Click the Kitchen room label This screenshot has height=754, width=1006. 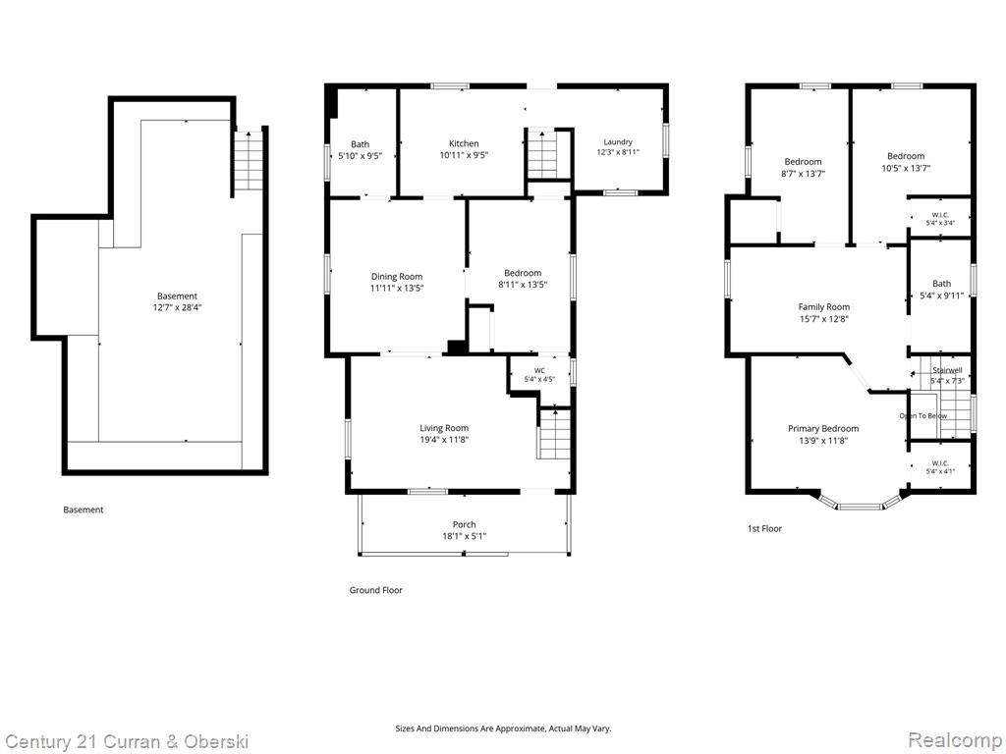pyautogui.click(x=464, y=143)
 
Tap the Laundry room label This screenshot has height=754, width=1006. pyautogui.click(x=618, y=141)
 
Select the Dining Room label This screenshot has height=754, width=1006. pyautogui.click(x=397, y=276)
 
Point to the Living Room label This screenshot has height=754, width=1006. pyautogui.click(x=444, y=428)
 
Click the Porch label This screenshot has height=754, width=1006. pyautogui.click(x=464, y=524)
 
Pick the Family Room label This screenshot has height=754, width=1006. pyautogui.click(x=824, y=307)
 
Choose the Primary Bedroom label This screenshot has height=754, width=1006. pyautogui.click(x=823, y=428)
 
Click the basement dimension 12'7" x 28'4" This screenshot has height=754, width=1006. pyautogui.click(x=177, y=307)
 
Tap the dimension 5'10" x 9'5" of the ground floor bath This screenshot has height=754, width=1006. pyautogui.click(x=360, y=155)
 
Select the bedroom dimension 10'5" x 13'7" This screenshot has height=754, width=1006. pyautogui.click(x=905, y=168)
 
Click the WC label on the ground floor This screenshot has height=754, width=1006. pyautogui.click(x=539, y=370)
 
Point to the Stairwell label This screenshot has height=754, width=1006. pyautogui.click(x=947, y=370)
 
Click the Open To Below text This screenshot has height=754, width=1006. pyautogui.click(x=922, y=416)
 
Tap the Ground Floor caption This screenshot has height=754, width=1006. pyautogui.click(x=375, y=590)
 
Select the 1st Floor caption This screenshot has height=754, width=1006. pyautogui.click(x=764, y=529)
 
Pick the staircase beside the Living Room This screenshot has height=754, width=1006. pyautogui.click(x=554, y=434)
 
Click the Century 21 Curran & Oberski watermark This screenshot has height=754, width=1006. pyautogui.click(x=126, y=742)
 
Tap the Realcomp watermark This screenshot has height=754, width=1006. pyautogui.click(x=955, y=740)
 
